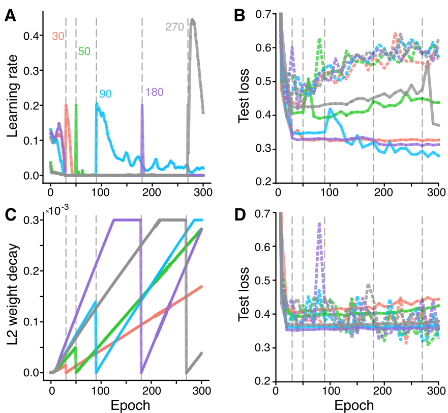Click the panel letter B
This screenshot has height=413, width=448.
239,16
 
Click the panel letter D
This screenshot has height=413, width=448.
239,215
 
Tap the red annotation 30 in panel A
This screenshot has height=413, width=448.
57,36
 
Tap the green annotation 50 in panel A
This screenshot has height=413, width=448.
84,51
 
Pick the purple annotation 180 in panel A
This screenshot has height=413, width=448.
155,92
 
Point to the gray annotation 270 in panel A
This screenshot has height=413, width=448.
174,27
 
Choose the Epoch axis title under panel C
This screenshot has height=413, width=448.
127,405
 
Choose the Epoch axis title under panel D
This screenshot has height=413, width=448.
354,405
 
